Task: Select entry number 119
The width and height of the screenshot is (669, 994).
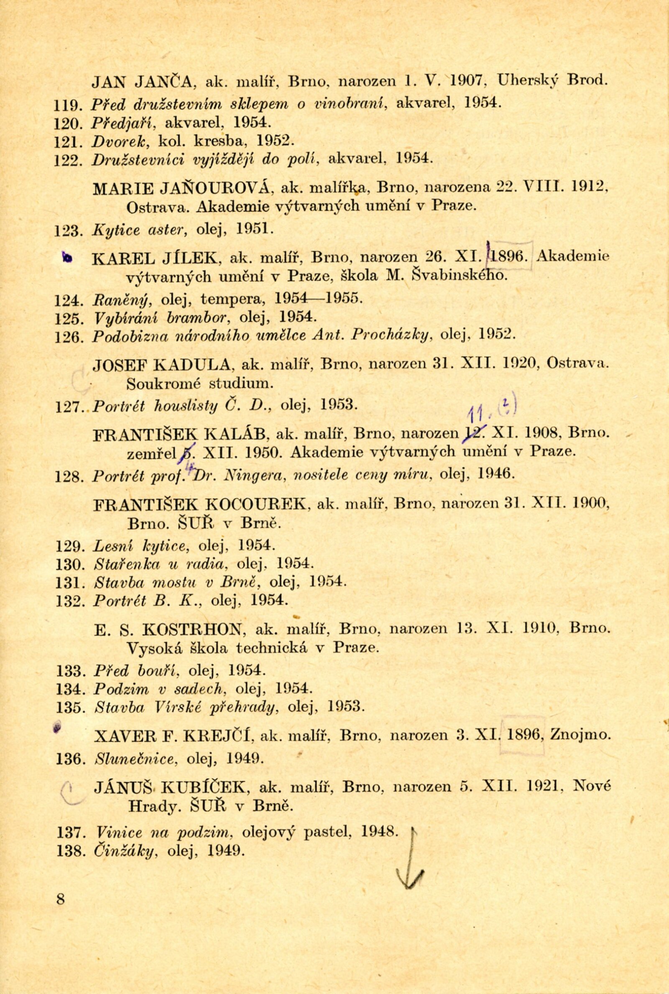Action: click(x=66, y=105)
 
